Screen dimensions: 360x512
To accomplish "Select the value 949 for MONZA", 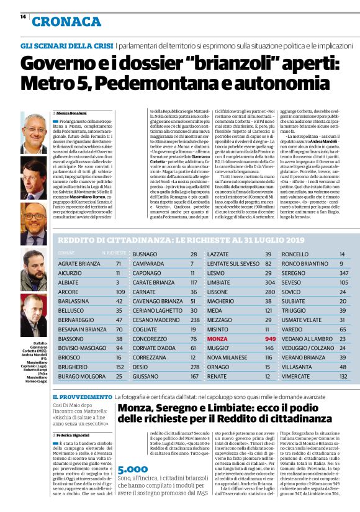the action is [x=269, y=339].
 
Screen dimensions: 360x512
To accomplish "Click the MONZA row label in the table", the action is [x=217, y=339].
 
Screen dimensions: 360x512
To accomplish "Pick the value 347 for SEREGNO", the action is [x=343, y=273].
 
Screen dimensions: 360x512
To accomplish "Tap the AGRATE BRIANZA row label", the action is [x=79, y=264].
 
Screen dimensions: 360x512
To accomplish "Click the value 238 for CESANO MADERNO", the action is [x=193, y=320].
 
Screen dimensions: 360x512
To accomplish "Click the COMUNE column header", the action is [x=66, y=254].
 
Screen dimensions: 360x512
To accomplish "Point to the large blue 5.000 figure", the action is [x=133, y=470].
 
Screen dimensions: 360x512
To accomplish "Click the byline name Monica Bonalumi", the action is [x=74, y=114].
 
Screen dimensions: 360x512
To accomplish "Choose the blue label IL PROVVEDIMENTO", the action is [x=83, y=397].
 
